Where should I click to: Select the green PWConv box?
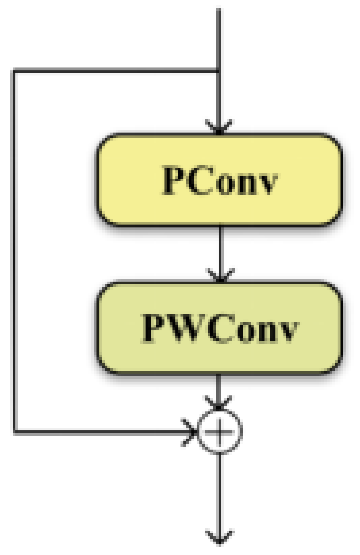[x=219, y=327]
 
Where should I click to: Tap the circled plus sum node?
[x=219, y=431]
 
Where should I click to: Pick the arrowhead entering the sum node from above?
[x=219, y=403]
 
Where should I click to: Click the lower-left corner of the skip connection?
[x=15, y=432]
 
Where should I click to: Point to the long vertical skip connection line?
[x=15, y=252]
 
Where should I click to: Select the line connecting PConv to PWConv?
[x=219, y=247]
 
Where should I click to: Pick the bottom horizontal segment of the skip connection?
[x=101, y=432]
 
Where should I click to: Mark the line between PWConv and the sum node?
[x=219, y=387]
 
